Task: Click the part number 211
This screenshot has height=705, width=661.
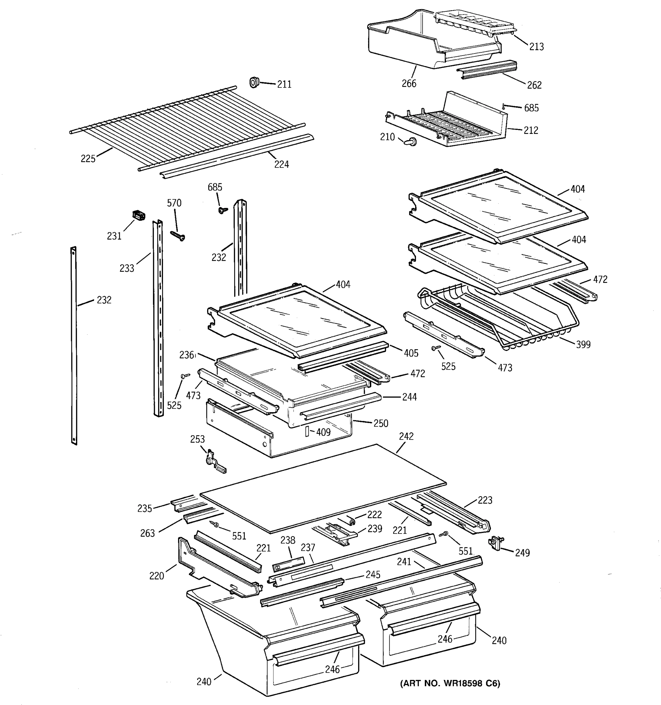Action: pyautogui.click(x=284, y=84)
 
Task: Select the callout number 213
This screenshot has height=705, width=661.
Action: pyautogui.click(x=536, y=47)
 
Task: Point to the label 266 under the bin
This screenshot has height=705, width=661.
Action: pyautogui.click(x=409, y=84)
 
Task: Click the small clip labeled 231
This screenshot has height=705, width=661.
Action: pyautogui.click(x=139, y=215)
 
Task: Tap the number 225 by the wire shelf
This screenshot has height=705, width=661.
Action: pyautogui.click(x=88, y=159)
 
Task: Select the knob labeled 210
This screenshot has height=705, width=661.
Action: pyautogui.click(x=411, y=142)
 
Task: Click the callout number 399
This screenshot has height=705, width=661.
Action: pyautogui.click(x=583, y=344)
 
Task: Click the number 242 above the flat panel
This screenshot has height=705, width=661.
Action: pyautogui.click(x=406, y=436)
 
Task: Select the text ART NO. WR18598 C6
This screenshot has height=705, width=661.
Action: pyautogui.click(x=450, y=683)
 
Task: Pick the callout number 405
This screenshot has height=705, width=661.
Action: pyautogui.click(x=411, y=353)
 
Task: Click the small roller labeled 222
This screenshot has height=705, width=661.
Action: pyautogui.click(x=351, y=521)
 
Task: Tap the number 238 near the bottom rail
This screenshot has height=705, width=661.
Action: pyautogui.click(x=288, y=540)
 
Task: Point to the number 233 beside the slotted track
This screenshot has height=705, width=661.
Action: pyautogui.click(x=127, y=268)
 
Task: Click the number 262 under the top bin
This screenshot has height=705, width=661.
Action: pyautogui.click(x=534, y=85)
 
